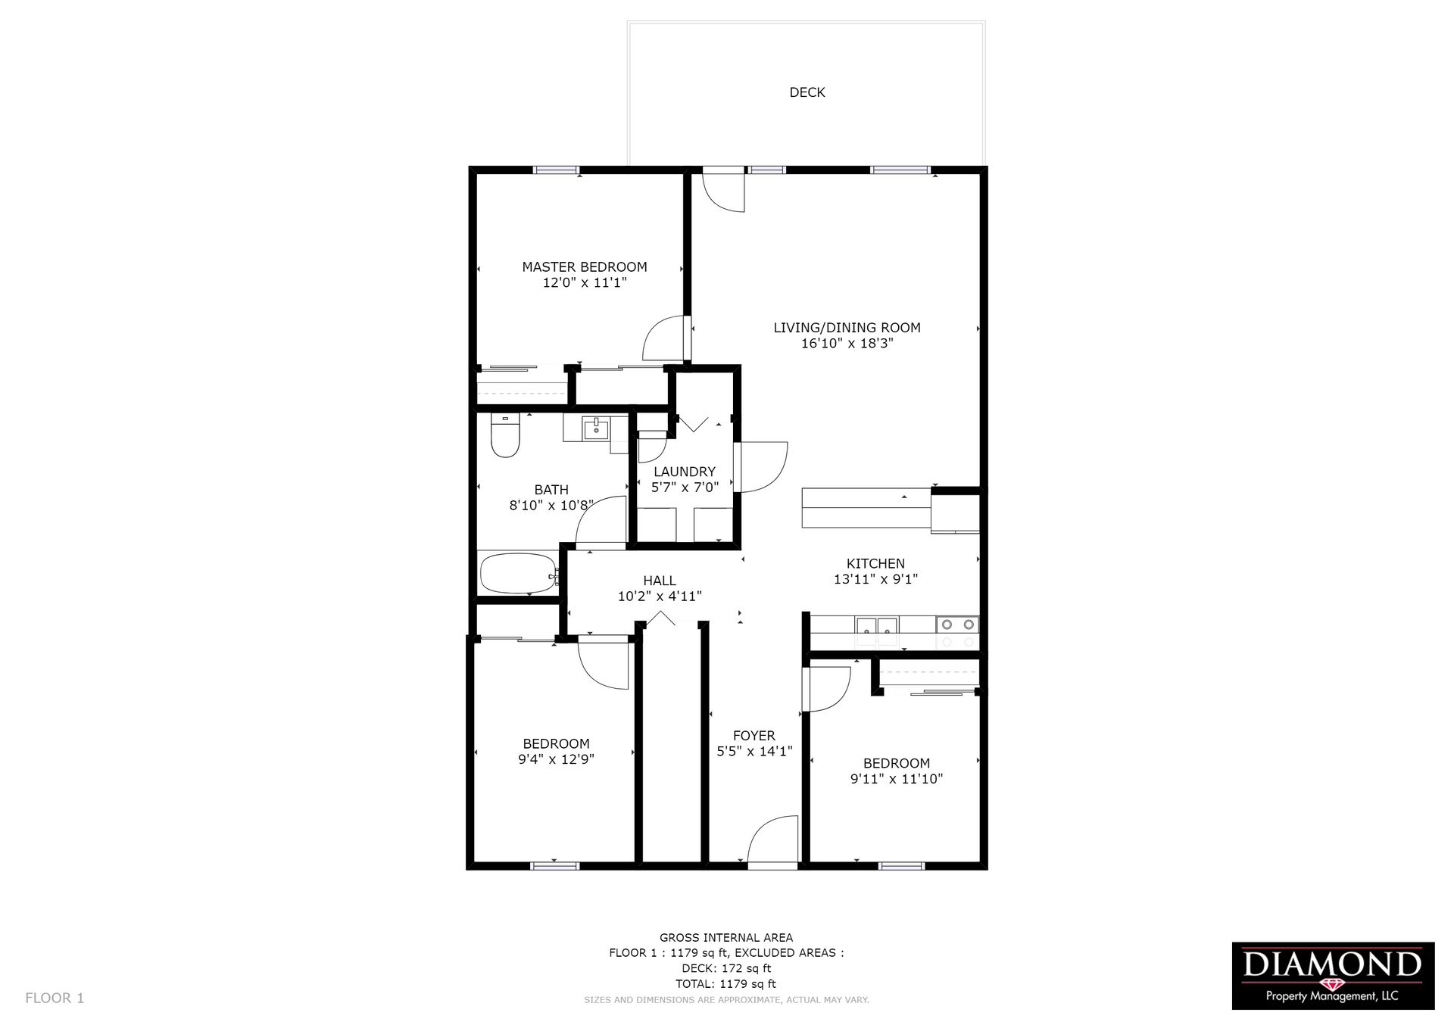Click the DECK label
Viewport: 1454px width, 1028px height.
pos(807,92)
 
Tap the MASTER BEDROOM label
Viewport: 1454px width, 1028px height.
pos(585,267)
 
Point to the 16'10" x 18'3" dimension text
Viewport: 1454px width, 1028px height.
pos(847,344)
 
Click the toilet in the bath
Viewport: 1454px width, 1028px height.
pos(505,435)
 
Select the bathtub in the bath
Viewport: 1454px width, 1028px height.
pos(520,574)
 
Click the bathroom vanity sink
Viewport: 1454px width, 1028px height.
pos(597,428)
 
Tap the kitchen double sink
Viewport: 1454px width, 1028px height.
pos(876,627)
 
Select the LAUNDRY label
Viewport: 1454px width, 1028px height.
pos(685,472)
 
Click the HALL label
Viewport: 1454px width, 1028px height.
pos(660,581)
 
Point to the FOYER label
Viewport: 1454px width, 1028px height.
pos(754,736)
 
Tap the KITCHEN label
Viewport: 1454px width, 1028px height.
pos(875,564)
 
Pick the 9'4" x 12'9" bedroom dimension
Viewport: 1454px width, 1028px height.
pos(556,759)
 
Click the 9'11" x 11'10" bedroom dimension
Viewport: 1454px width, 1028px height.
pos(897,779)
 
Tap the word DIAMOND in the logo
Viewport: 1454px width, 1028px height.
pos(1332,964)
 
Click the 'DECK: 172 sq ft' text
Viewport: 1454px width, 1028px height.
pos(726,968)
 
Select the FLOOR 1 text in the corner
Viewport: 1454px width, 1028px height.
pos(55,998)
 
